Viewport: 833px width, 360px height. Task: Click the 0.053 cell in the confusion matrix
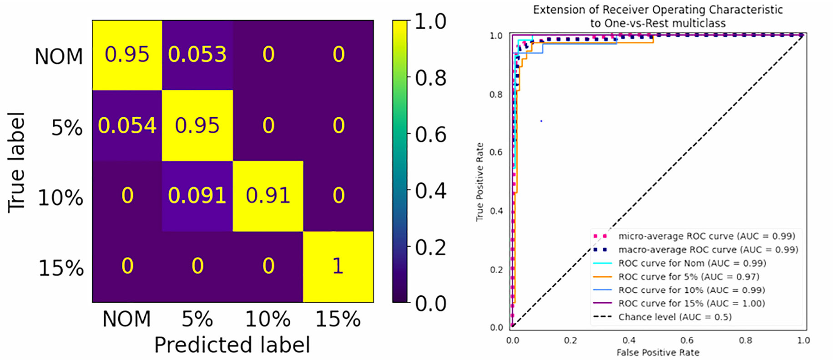pos(197,55)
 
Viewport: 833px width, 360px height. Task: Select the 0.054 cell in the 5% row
pos(127,126)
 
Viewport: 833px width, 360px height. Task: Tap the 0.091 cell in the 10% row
pos(197,196)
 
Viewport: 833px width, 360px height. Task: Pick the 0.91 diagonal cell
pos(268,196)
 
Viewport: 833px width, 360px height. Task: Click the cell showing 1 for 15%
pos(338,266)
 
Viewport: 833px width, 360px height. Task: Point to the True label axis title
pos(16,162)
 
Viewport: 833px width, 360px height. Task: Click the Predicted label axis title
pos(232,345)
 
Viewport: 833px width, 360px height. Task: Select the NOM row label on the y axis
pos(59,57)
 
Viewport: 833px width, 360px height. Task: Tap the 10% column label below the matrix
pos(268,319)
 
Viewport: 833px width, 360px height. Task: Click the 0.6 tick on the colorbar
pos(430,135)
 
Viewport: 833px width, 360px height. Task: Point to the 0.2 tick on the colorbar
pos(430,248)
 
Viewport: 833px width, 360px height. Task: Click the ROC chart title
pos(658,16)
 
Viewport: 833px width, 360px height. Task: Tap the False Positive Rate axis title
pos(658,352)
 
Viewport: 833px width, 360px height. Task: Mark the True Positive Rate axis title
pos(480,182)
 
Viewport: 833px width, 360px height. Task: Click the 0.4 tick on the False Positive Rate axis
pos(629,340)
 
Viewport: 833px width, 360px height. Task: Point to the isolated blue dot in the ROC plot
pos(541,121)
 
